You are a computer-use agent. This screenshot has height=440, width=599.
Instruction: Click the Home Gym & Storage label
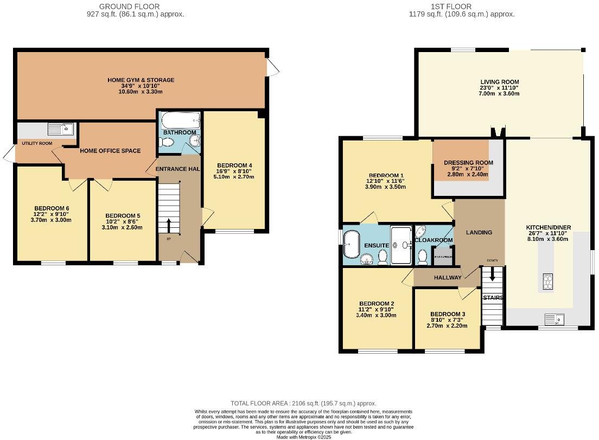point(141,80)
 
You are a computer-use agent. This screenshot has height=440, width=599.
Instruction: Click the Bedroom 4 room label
point(234,165)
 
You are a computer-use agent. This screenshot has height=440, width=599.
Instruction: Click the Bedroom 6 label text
point(52,208)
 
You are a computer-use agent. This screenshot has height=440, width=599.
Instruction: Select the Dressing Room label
point(468,163)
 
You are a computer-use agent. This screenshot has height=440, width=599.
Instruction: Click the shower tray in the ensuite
point(402,245)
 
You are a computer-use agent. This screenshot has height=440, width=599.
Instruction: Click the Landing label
point(479,232)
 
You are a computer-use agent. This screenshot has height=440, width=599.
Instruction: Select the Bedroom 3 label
point(447,314)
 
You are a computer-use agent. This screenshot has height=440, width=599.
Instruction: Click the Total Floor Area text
point(303,404)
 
